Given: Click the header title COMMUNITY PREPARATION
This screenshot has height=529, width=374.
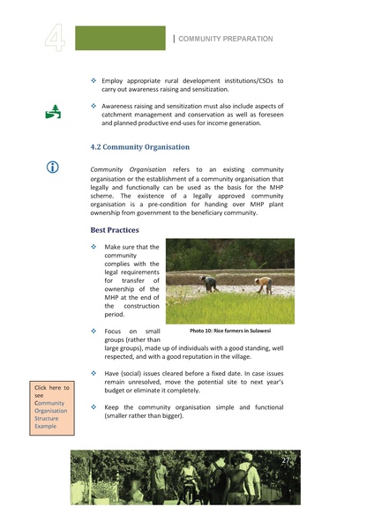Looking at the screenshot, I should click(x=226, y=39).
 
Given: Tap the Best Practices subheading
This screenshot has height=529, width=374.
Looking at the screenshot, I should click(x=115, y=229).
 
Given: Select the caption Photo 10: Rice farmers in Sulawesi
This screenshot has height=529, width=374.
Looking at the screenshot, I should click(x=230, y=331).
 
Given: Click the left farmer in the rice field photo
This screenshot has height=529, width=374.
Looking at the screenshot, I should click(x=208, y=282).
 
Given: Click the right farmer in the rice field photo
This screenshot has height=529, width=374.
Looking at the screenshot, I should click(x=264, y=284).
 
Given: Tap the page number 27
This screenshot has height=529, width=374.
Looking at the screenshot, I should click(x=285, y=461).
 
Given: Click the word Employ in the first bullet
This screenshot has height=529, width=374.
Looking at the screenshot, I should click(x=115, y=80).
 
